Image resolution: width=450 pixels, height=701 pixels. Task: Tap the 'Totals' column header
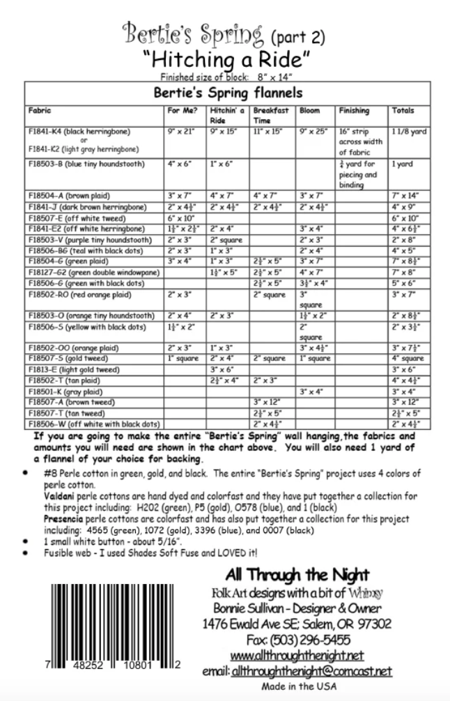[403, 111]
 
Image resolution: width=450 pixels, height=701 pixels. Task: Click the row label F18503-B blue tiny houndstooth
[86, 164]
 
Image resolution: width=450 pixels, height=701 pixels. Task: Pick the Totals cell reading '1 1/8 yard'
[408, 131]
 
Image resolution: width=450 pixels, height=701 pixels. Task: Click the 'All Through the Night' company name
[297, 575]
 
